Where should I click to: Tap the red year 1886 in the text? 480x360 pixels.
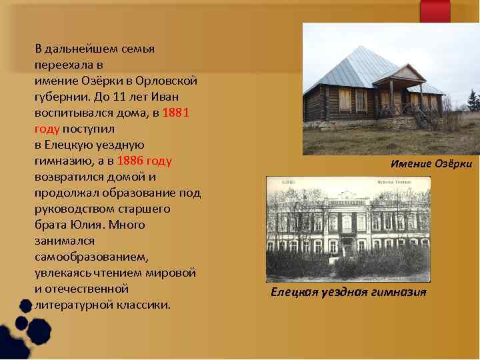point(131,161)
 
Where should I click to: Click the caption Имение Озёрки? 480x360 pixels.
point(431,164)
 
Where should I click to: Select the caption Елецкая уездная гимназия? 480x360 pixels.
point(348,293)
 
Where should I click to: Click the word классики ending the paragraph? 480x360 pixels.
point(143,305)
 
